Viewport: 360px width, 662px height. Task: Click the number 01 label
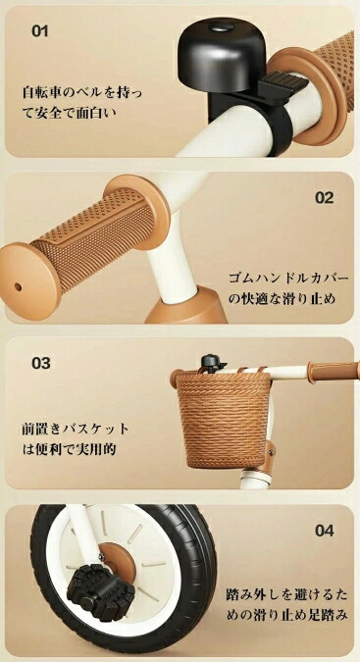click(x=39, y=30)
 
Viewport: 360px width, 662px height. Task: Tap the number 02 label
click(x=324, y=197)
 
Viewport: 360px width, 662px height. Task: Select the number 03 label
click(x=41, y=363)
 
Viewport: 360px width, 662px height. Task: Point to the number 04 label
click(x=324, y=531)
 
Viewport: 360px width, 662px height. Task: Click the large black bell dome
click(x=222, y=54)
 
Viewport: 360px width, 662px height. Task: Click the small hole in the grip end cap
click(x=18, y=287)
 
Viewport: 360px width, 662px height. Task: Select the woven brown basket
click(x=223, y=419)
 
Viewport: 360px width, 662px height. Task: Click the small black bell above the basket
click(x=211, y=363)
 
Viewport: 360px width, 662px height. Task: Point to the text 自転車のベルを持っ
click(x=82, y=92)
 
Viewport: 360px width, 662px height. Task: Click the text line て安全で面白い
click(x=70, y=113)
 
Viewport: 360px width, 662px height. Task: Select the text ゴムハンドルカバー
click(x=288, y=279)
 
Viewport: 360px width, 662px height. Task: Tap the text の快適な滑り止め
click(x=282, y=299)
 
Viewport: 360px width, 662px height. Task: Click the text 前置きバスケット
click(x=76, y=429)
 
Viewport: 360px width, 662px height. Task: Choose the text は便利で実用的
click(x=69, y=449)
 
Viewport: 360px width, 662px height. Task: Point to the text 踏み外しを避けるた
click(x=287, y=595)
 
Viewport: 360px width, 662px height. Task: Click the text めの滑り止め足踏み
click(x=287, y=616)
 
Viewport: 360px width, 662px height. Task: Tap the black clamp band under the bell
click(x=280, y=127)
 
